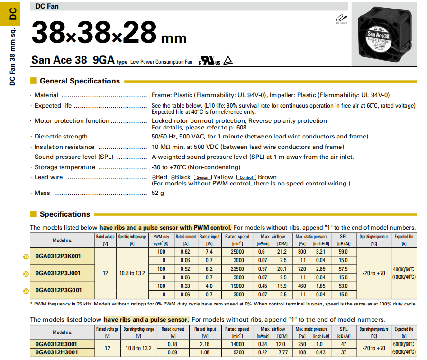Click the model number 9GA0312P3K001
tap(58, 256)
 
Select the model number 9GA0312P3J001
tap(58, 273)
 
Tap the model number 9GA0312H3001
tap(57, 352)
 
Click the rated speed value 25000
tap(237, 252)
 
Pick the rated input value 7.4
tap(209, 252)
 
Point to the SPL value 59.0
tap(343, 252)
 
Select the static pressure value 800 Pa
tap(302, 252)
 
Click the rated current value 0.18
tap(173, 344)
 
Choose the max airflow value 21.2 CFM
tap(282, 252)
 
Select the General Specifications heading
tap(80, 81)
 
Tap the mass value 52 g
tap(158, 193)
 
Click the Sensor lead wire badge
tap(202, 177)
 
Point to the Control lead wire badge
tap(246, 177)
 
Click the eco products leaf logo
tap(341, 18)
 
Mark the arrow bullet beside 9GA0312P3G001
tap(26, 290)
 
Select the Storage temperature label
tap(64, 167)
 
